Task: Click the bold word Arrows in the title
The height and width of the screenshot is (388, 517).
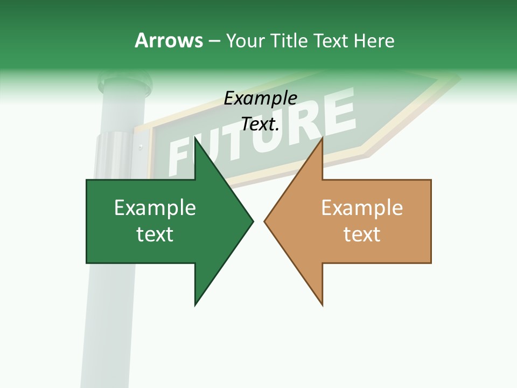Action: tap(169, 40)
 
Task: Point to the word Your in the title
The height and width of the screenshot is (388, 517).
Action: tap(246, 40)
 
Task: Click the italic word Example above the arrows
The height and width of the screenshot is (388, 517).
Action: tap(261, 99)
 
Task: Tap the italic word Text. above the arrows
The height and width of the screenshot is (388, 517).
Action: tap(261, 124)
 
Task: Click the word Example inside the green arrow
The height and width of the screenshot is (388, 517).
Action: tap(155, 208)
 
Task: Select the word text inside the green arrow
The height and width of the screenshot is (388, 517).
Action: tap(155, 234)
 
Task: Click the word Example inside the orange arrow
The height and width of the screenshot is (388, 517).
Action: tap(362, 208)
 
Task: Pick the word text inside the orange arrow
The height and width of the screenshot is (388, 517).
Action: tap(362, 234)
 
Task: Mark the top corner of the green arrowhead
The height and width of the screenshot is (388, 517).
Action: tap(195, 139)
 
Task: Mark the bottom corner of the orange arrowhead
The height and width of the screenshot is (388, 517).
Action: tap(322, 304)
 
